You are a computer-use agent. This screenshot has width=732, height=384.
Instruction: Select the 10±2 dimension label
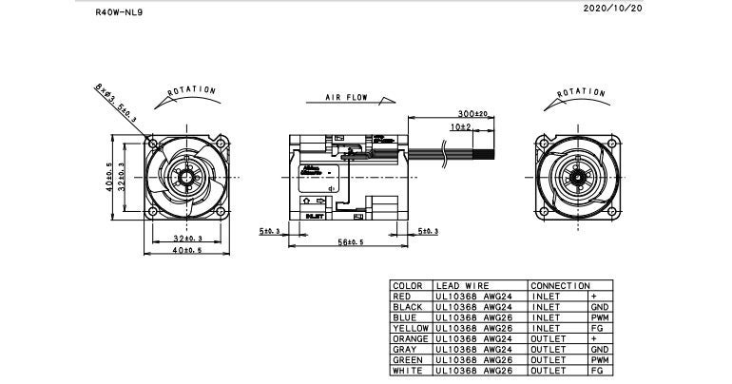[460, 126]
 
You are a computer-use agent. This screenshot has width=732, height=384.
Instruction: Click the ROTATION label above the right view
[579, 91]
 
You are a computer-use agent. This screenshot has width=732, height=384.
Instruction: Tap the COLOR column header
[407, 285]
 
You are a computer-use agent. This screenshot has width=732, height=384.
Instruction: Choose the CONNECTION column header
[560, 285]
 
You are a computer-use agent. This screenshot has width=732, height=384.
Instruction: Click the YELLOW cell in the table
[412, 328]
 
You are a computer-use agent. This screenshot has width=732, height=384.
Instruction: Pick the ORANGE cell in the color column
[412, 338]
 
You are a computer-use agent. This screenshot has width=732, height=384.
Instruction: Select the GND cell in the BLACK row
[600, 307]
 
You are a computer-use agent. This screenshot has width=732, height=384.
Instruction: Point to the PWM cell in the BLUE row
[600, 317]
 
